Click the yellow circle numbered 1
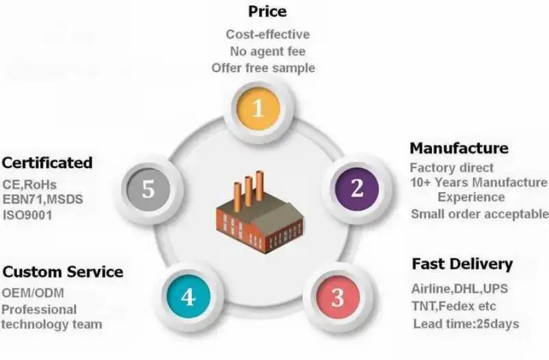coord(258,107)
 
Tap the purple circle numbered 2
coord(356,189)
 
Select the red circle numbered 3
coord(337,297)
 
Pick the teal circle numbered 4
coord(188,297)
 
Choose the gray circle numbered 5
coord(148,189)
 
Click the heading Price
coord(267,12)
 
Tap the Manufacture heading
coord(459,148)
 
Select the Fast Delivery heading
coord(461,264)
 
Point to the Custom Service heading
coord(63,272)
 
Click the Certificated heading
coord(47,163)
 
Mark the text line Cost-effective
coord(267,34)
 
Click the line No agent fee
coord(267,51)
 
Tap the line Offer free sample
coord(263,68)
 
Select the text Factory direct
coord(451,167)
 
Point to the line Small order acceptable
coord(479,214)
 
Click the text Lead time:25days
coord(466,324)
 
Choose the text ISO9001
coord(27,215)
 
